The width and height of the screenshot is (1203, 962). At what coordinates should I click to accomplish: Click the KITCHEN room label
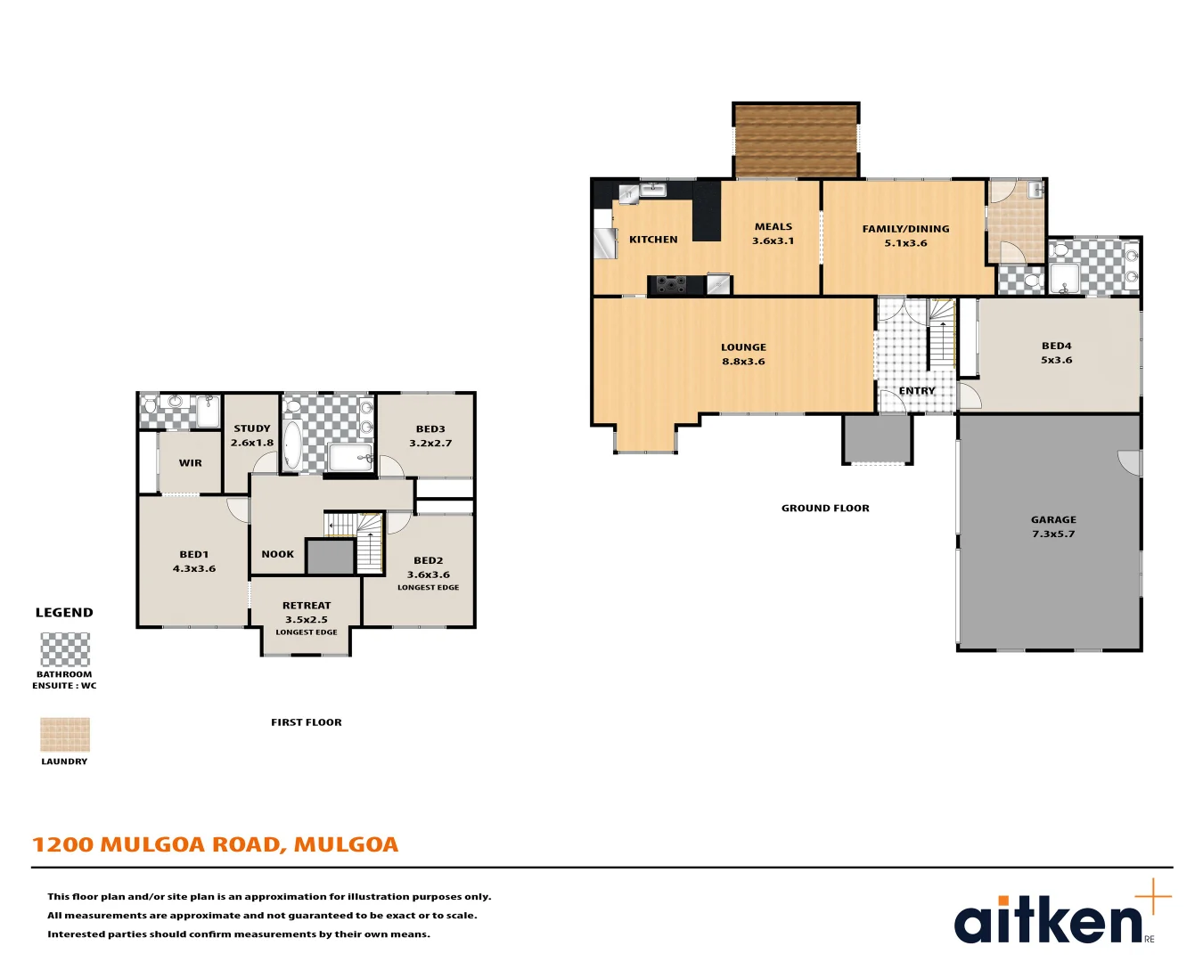point(653,240)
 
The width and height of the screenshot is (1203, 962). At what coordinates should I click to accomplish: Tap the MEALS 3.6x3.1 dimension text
point(773,241)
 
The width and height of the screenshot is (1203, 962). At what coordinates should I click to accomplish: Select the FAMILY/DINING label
point(905,229)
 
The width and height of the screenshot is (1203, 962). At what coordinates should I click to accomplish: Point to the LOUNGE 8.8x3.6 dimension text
point(743,362)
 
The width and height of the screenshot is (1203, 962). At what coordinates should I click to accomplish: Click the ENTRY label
point(917,391)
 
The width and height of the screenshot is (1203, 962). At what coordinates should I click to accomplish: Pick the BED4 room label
point(1056,346)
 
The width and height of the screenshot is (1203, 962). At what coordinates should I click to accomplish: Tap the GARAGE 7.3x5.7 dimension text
point(1053,534)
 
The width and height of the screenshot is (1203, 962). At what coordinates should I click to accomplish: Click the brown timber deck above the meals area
point(796,141)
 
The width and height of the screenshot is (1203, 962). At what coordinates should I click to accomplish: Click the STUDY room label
point(252,428)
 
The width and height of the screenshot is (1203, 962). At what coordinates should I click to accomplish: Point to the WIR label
point(191,463)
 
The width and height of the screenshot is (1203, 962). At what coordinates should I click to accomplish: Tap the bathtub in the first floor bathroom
point(292,444)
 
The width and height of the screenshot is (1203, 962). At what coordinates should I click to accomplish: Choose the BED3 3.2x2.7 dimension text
point(430,444)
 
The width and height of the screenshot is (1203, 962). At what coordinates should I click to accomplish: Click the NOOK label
point(277,554)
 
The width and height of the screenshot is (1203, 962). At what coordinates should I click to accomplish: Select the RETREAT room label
point(307,606)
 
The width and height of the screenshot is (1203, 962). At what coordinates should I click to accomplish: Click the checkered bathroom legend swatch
point(65,649)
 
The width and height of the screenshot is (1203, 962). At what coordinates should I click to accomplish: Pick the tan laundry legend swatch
point(65,735)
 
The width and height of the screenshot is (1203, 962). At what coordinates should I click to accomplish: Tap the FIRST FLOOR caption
point(307,722)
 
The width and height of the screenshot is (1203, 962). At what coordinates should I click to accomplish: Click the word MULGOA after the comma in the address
point(346,844)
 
